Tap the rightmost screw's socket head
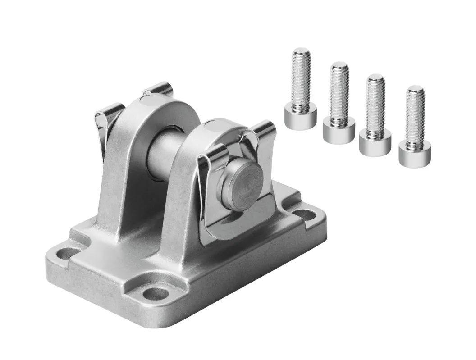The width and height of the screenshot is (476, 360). pos(414,153)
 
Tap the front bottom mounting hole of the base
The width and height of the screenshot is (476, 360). pos(155,293)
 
